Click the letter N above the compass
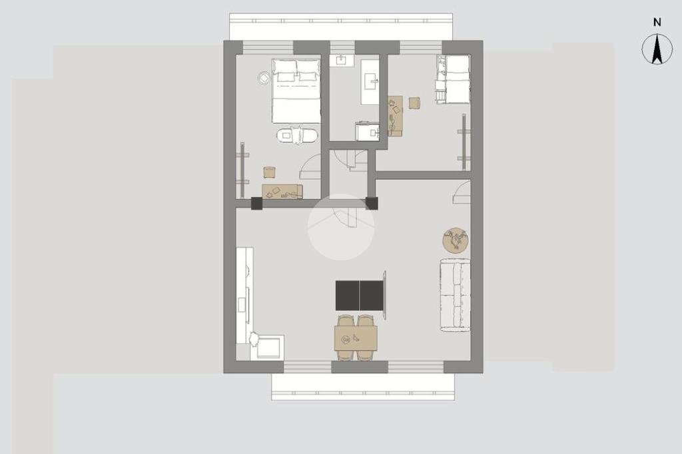(657, 22)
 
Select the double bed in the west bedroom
(296, 91)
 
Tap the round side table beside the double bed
(264, 78)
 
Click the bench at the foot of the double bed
(298, 135)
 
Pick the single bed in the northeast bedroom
(453, 79)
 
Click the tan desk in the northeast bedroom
(395, 116)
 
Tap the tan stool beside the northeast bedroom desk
(414, 103)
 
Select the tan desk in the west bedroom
(282, 192)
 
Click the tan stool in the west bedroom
(270, 172)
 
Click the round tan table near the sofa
(456, 240)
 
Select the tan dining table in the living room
(356, 338)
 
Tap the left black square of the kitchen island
(348, 296)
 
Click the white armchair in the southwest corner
(267, 346)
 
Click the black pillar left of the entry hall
(256, 204)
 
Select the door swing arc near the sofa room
(462, 192)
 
